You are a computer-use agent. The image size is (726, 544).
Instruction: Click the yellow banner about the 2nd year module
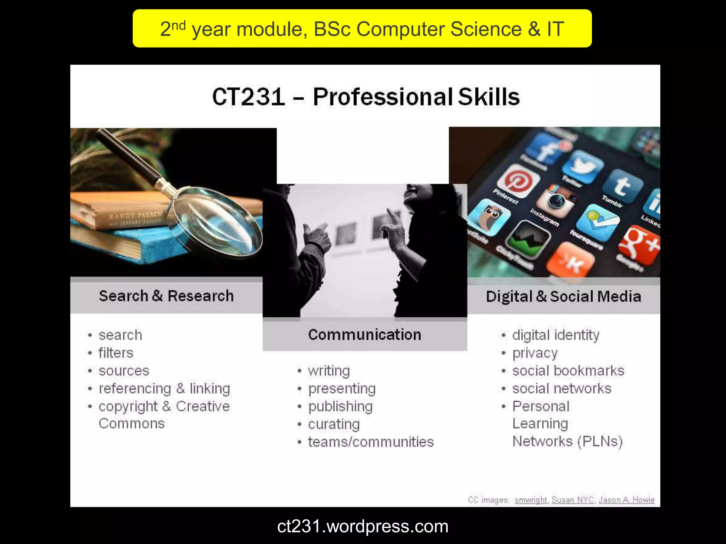(x=362, y=28)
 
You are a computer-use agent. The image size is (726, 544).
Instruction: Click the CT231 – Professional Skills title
(x=365, y=96)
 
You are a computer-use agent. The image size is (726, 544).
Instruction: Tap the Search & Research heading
(x=166, y=296)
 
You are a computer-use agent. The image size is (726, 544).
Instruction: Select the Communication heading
(x=364, y=335)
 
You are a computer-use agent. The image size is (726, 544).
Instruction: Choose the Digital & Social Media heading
(x=563, y=297)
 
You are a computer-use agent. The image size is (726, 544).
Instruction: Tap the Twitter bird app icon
(x=582, y=166)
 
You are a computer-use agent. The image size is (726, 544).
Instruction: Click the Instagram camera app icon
(x=557, y=200)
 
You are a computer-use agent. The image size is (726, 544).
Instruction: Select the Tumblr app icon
(x=623, y=186)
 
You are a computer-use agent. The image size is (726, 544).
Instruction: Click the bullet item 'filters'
(x=116, y=353)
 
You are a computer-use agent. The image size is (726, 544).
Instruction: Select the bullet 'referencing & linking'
(x=164, y=389)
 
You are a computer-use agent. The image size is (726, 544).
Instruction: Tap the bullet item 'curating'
(x=334, y=424)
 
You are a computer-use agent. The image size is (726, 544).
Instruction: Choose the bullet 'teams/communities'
(x=370, y=442)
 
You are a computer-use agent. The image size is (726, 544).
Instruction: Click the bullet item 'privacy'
(x=535, y=353)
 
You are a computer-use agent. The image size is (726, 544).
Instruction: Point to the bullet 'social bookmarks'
(x=568, y=371)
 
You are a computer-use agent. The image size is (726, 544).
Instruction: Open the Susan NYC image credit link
(x=572, y=500)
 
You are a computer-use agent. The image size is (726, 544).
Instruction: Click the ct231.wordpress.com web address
(x=363, y=526)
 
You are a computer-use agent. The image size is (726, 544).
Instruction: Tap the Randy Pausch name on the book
(x=135, y=215)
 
